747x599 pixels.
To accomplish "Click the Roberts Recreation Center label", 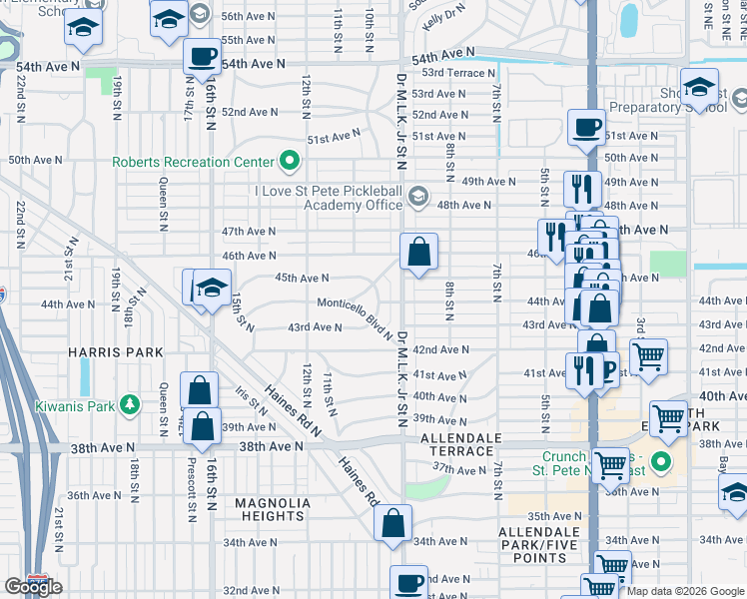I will click(193, 162).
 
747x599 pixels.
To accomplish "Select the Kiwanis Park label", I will click(75, 405).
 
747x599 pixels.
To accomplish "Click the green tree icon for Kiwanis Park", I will click(129, 404).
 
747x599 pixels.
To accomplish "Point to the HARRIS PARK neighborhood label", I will click(102, 352).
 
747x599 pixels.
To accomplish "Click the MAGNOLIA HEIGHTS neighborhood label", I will click(270, 509).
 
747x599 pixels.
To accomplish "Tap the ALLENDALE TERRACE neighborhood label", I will click(460, 445).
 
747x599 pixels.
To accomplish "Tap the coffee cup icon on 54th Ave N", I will click(203, 56).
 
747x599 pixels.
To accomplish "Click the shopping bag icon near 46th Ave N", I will click(419, 251).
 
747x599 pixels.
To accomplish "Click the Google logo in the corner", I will click(33, 587).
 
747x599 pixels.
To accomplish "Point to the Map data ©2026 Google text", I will click(686, 591).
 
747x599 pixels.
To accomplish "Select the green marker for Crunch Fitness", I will click(660, 462).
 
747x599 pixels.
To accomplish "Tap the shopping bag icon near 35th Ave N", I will click(394, 522).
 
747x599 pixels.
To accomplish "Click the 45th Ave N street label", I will click(302, 279).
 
